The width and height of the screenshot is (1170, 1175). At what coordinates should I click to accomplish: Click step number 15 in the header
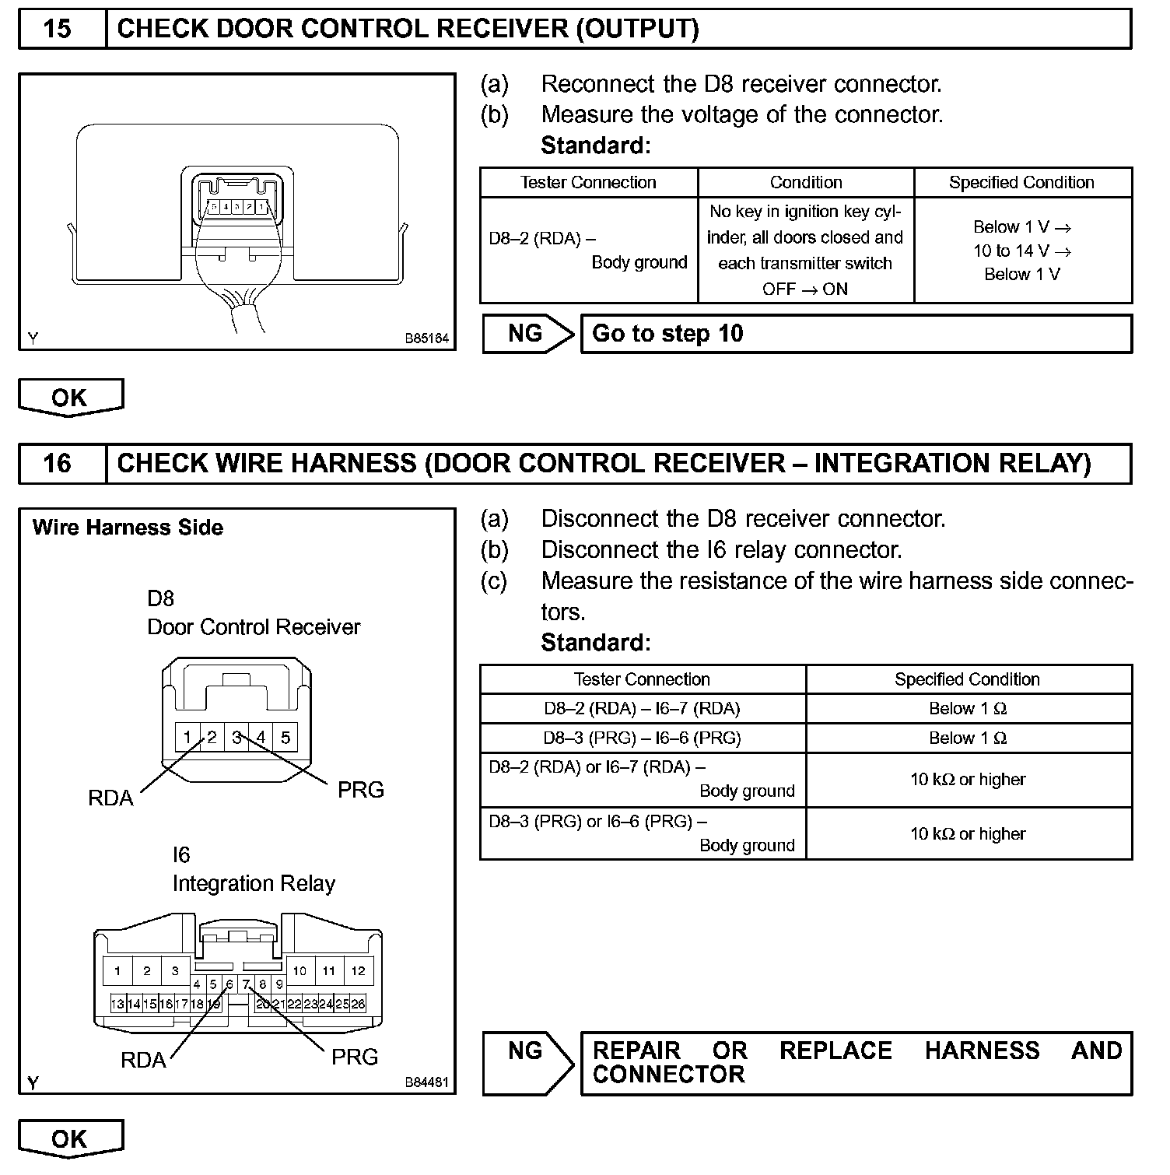(x=57, y=30)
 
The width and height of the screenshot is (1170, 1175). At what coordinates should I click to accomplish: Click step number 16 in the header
(x=57, y=464)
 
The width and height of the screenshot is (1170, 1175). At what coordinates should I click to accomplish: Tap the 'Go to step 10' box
(x=856, y=334)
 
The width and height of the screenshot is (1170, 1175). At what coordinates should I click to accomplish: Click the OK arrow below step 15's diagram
(x=70, y=398)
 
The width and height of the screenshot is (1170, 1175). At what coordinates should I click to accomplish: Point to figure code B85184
(x=426, y=339)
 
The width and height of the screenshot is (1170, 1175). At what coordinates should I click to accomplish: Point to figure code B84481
(x=426, y=1082)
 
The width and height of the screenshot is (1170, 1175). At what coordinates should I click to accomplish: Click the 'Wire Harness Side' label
(x=128, y=528)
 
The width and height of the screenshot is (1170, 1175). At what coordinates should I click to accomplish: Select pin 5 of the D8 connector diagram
(x=285, y=737)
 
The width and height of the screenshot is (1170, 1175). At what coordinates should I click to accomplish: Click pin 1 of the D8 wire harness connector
(x=187, y=737)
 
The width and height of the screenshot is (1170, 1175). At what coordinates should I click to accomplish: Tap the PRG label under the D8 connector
(x=360, y=790)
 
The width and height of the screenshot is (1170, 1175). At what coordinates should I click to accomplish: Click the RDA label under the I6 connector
(x=143, y=1060)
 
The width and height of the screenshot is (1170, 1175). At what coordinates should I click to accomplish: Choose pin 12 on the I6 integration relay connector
(x=358, y=970)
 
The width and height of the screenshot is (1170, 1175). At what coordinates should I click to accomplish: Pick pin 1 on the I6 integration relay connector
(x=117, y=970)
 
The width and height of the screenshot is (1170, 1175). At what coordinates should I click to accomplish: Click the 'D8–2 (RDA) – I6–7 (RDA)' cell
(x=642, y=709)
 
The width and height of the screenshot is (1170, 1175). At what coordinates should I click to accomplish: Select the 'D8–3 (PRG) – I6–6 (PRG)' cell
(x=642, y=738)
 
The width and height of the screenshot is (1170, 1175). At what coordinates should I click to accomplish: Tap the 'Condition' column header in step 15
(x=805, y=183)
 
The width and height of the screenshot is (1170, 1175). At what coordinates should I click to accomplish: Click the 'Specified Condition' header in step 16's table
(x=967, y=679)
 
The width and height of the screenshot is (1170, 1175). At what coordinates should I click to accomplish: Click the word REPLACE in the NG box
(x=835, y=1051)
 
